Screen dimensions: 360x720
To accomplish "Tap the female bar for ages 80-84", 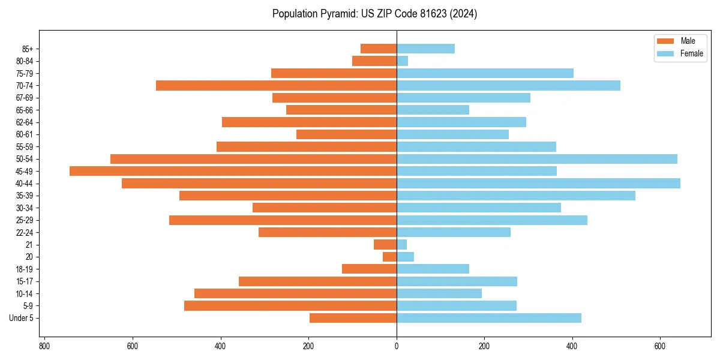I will click(x=402, y=61).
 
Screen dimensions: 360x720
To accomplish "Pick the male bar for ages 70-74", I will click(x=276, y=85).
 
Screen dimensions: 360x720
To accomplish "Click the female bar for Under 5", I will click(x=488, y=318).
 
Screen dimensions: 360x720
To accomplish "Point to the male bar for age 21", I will click(x=385, y=244).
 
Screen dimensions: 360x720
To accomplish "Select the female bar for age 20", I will click(x=405, y=257).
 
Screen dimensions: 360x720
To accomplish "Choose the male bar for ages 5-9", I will click(x=290, y=305).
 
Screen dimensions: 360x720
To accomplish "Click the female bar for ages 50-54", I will click(x=537, y=158).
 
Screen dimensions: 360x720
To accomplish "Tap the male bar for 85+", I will click(x=379, y=49).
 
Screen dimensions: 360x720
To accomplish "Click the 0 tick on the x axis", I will click(x=397, y=346).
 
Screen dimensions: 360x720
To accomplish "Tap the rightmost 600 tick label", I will click(x=660, y=346).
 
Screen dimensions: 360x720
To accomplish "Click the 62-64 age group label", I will click(x=25, y=122).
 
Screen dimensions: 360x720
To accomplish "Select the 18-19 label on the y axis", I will click(x=25, y=269).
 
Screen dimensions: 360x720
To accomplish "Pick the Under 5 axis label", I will click(x=22, y=318).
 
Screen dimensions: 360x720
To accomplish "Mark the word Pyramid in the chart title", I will click(x=337, y=14).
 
